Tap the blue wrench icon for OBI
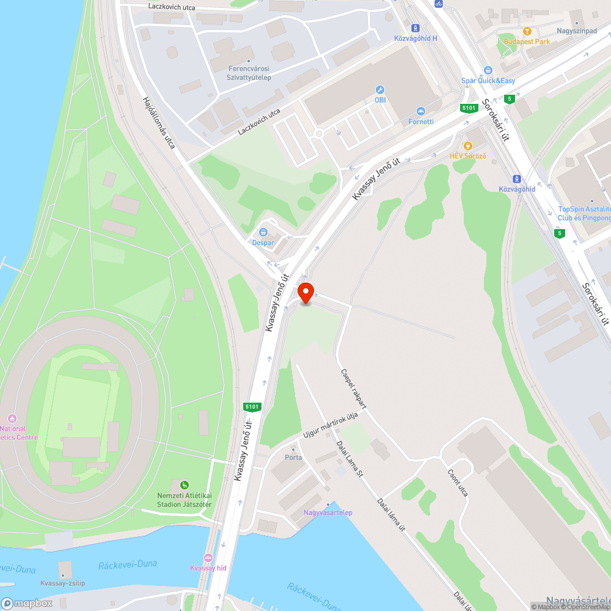tap(379, 90)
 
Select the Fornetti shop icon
tap(421, 111)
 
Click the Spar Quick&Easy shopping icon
tap(488, 71)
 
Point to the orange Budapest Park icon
tap(527, 31)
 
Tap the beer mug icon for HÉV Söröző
tap(467, 146)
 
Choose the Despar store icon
tap(263, 232)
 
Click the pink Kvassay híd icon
tap(208, 558)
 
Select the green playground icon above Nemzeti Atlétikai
tap(185, 485)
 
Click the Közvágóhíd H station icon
tap(415, 28)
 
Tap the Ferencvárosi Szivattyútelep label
tap(249, 73)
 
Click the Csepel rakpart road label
tap(354, 387)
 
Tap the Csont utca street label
tap(457, 482)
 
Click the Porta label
tap(293, 457)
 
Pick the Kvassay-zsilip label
tap(62, 583)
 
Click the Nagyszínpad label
tap(576, 31)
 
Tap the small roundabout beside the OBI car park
tap(318, 134)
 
